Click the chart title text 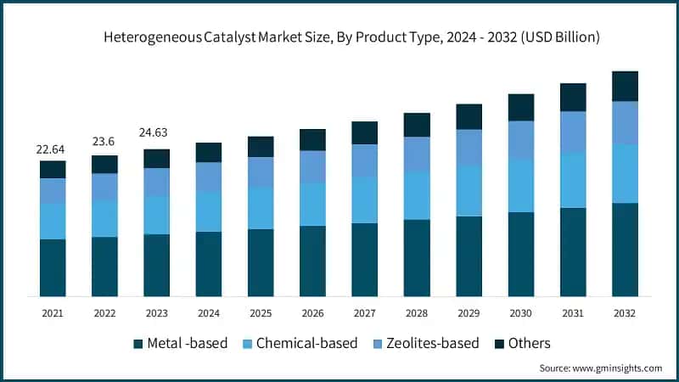(x=352, y=37)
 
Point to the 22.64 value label (x=52, y=149)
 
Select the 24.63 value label (x=156, y=132)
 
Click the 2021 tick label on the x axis (x=53, y=313)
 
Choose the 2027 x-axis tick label (x=364, y=313)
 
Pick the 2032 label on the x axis (x=625, y=313)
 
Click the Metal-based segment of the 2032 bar (x=625, y=250)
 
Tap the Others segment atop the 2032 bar (x=625, y=86)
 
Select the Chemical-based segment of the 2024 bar (x=209, y=211)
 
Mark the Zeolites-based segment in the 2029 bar (x=469, y=148)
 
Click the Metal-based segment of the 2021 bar (x=53, y=267)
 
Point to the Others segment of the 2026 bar (x=312, y=140)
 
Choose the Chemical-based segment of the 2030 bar (x=520, y=185)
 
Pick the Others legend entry (x=530, y=344)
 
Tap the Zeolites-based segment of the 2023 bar (x=156, y=183)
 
